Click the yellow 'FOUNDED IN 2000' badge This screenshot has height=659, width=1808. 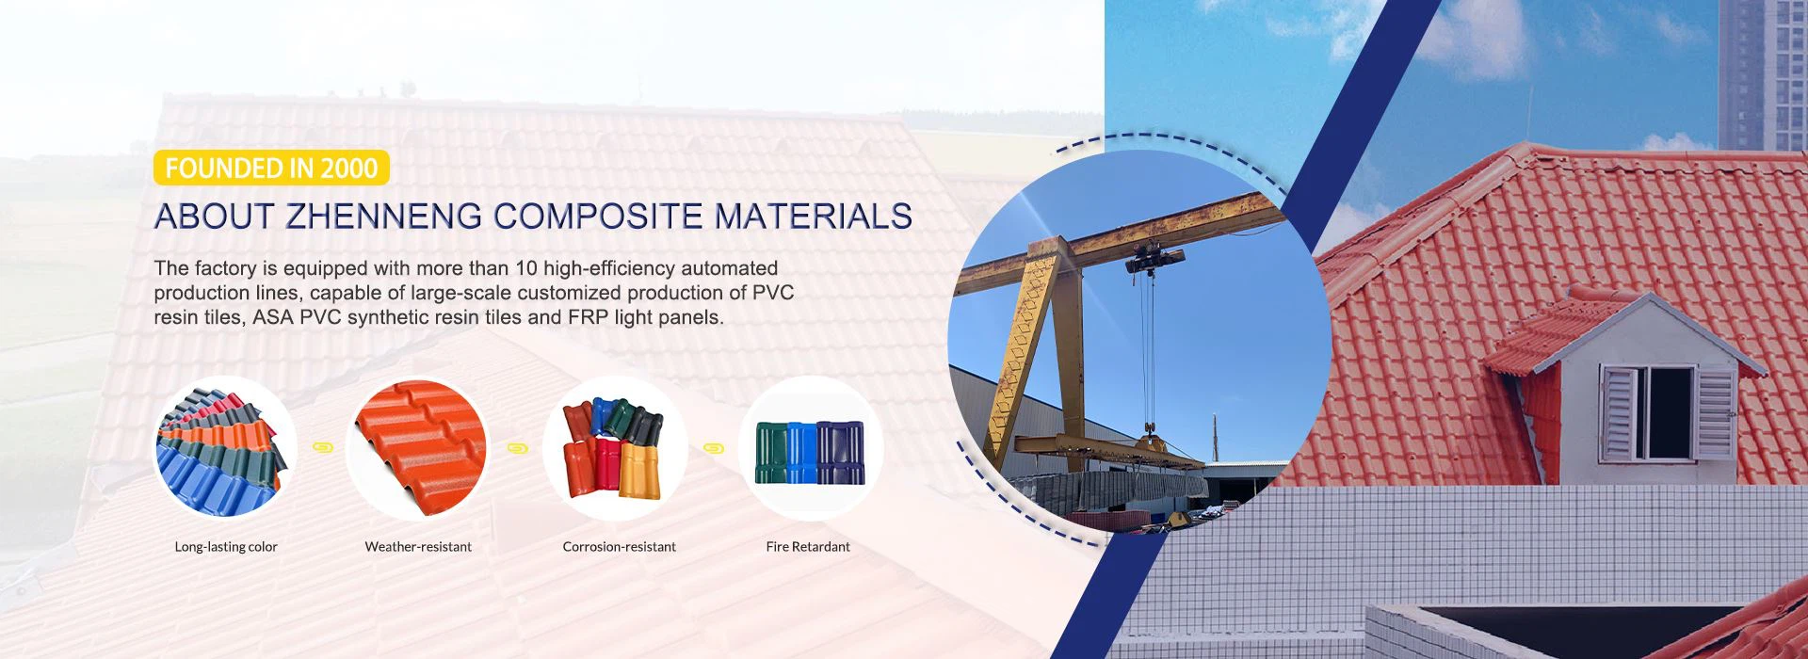271,169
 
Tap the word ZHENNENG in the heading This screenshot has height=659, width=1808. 384,217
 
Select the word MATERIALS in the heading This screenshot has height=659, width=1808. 813,217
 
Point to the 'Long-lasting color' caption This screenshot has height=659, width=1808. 226,547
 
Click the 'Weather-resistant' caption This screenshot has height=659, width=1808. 418,547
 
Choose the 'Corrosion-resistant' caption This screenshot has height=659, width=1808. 619,547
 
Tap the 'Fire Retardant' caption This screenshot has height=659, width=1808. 808,547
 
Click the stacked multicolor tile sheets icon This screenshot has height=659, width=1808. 225,448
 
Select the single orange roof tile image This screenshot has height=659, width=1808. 419,448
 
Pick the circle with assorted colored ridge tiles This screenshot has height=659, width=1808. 615,448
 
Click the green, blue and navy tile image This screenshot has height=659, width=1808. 810,448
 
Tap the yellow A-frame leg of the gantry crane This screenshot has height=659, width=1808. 1031,348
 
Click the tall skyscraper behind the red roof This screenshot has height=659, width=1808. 1762,75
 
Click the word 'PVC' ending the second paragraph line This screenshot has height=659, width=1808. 773,293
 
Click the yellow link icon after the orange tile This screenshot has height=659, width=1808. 518,448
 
